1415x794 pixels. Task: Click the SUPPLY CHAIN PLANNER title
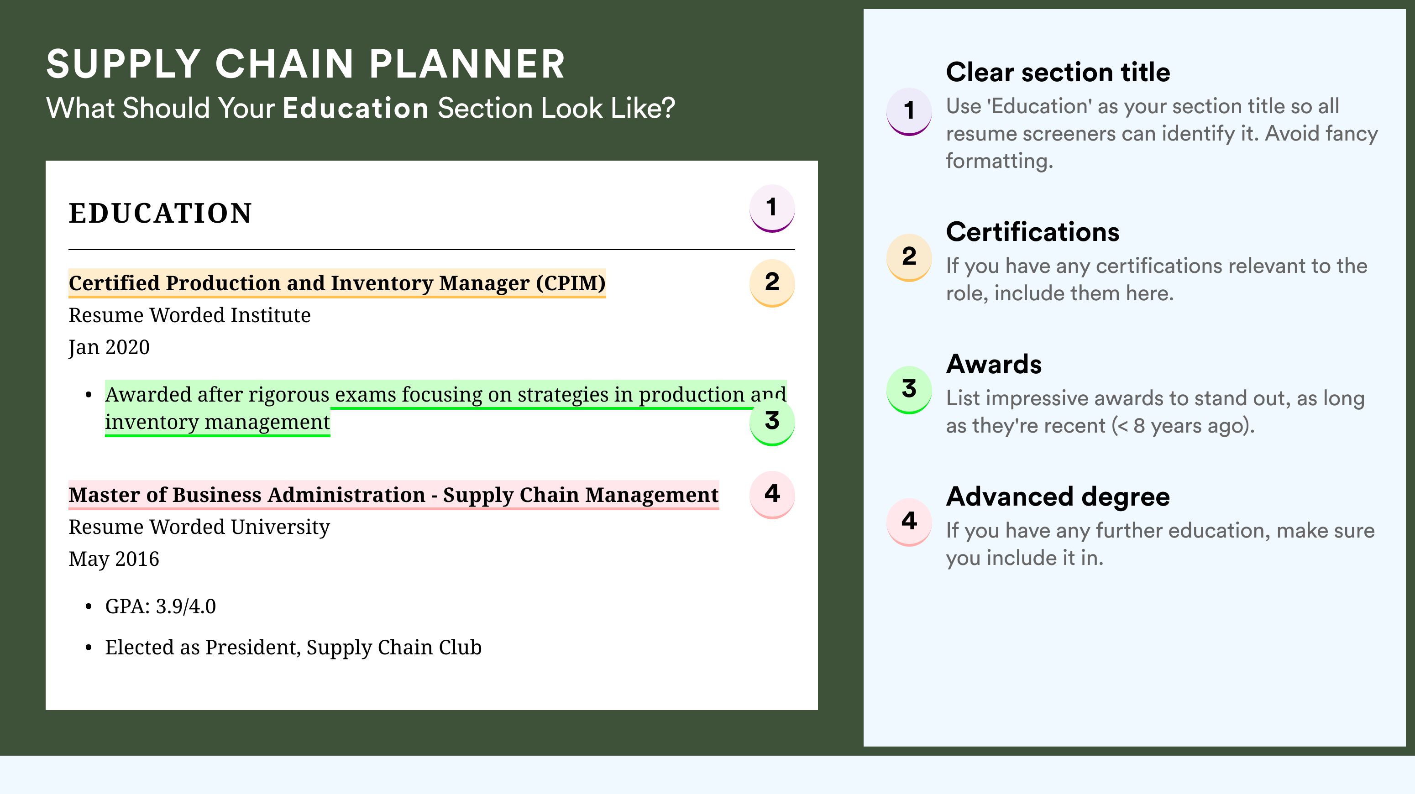305,64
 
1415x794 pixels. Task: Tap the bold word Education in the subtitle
356,108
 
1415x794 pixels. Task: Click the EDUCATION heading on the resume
160,213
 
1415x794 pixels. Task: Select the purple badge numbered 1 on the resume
772,209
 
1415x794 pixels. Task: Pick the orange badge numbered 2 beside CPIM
772,283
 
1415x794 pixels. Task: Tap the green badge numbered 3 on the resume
772,422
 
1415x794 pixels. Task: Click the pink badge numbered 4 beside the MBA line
772,495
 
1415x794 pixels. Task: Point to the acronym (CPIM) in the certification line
571,283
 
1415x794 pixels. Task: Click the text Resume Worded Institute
189,315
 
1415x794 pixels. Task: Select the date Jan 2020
109,347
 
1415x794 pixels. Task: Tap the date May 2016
114,559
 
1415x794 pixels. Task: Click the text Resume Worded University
199,527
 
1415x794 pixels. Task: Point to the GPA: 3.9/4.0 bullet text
160,606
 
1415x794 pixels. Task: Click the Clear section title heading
1058,72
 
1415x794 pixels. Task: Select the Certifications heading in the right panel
1032,232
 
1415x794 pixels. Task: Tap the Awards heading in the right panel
994,364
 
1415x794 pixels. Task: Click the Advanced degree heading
1058,497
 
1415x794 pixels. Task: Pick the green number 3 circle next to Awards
909,390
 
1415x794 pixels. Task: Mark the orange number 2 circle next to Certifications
909,257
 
